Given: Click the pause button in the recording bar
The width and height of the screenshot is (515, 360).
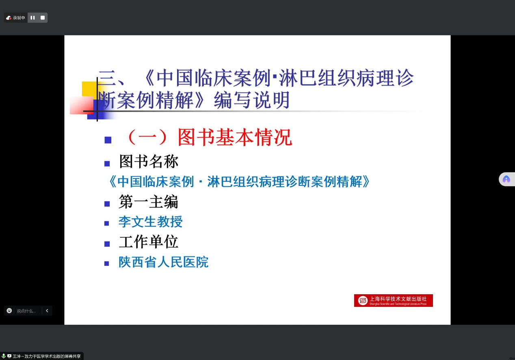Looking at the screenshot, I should (32, 18).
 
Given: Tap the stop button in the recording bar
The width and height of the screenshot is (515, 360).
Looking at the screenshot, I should (43, 18).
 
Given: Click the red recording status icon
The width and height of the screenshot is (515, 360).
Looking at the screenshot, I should (9, 18).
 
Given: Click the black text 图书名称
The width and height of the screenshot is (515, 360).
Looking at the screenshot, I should (149, 162).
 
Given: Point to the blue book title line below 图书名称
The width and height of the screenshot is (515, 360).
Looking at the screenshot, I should (239, 181).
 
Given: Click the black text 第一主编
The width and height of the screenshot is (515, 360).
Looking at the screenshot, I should (149, 202).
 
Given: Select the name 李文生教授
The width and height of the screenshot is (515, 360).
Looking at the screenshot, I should (151, 222).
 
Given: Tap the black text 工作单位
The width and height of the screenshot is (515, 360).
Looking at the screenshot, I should (149, 242).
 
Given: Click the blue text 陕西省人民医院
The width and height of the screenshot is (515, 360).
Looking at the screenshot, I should (163, 262).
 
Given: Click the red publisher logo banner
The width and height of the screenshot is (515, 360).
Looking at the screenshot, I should (393, 300).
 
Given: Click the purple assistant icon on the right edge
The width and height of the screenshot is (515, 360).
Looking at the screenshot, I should (506, 179).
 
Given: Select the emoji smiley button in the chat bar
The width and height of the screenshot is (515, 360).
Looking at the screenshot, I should (9, 310).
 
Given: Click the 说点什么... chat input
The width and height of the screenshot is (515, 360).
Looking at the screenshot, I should (26, 311).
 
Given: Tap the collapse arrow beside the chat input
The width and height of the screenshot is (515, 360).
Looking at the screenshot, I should (47, 310).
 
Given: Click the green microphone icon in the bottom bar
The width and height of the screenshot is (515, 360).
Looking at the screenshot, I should (4, 356).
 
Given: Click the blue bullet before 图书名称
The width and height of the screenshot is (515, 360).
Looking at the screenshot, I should (107, 164).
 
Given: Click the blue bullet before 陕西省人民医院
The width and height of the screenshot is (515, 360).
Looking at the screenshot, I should (107, 263).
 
